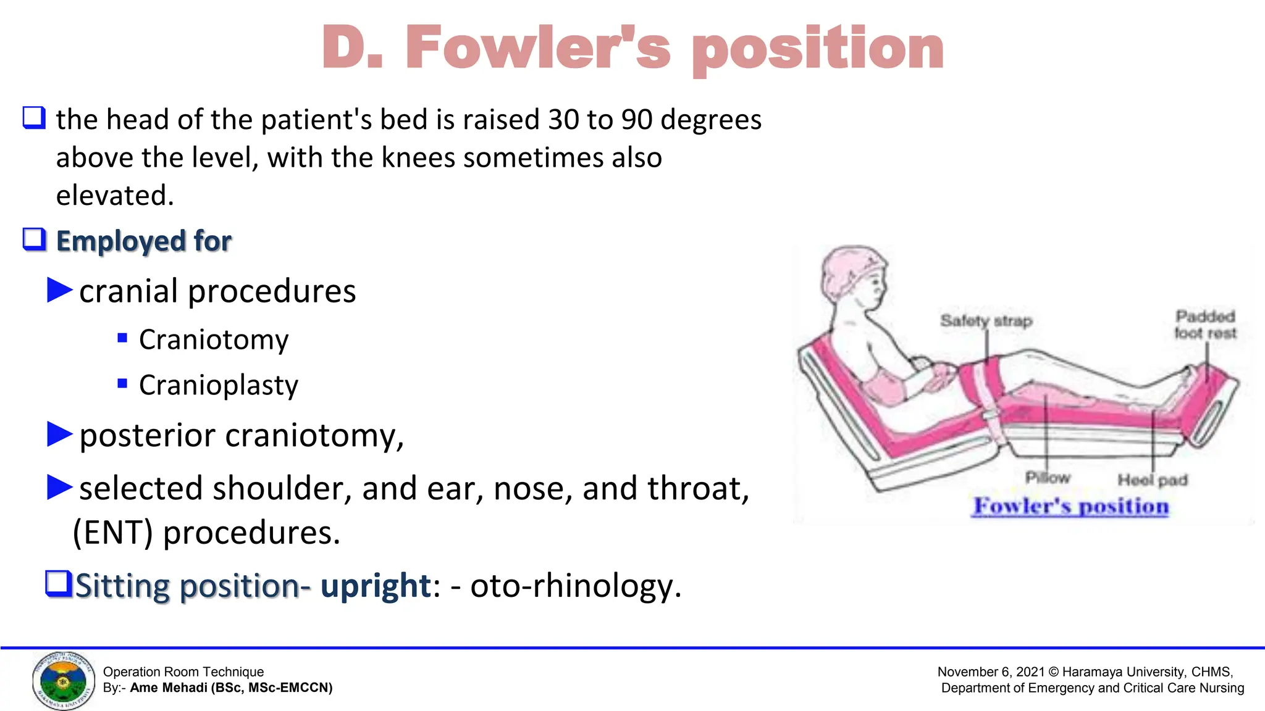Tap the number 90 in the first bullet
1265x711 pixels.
pos(636,120)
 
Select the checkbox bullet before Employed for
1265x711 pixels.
pos(34,239)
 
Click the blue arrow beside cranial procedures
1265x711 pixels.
pos(60,290)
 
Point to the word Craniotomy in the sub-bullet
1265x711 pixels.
pos(214,339)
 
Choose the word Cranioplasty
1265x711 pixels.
pos(219,385)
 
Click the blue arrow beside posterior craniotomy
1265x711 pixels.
pos(60,434)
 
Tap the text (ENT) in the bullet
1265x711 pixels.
pos(113,533)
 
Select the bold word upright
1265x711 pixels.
pos(376,585)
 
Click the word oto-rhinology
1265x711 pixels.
pos(575,585)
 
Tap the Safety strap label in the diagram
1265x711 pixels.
pos(986,321)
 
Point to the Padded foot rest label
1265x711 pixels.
pos(1205,325)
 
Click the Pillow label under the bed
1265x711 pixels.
pos(1048,478)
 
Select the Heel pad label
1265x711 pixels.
pos(1153,480)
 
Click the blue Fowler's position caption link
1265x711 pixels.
pos(1071,506)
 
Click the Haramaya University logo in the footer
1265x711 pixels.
pos(63,681)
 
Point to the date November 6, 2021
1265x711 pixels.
pos(990,672)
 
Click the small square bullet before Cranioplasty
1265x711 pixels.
pos(122,384)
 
